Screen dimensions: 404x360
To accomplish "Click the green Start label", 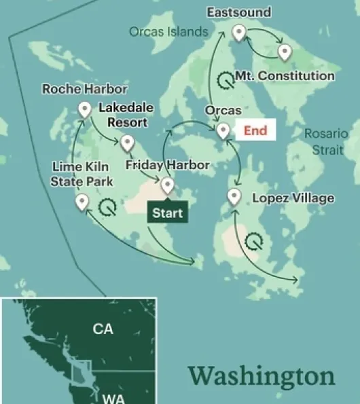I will (x=167, y=213).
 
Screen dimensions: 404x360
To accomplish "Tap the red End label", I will (x=255, y=130).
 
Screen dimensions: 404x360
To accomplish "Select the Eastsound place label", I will (x=238, y=12).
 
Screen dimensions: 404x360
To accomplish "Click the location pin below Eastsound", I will (x=238, y=32).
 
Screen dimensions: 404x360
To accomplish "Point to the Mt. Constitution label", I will (x=285, y=75).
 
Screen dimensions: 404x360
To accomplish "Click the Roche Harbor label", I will (x=84, y=89).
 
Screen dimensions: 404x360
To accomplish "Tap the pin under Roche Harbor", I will (x=85, y=109).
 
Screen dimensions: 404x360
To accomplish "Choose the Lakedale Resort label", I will (x=126, y=115).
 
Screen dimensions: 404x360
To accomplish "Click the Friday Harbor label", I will (x=168, y=165).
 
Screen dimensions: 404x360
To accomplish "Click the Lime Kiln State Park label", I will (x=82, y=174).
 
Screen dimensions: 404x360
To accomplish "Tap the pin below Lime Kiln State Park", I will (x=82, y=201).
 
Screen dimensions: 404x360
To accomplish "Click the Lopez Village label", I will (x=293, y=198).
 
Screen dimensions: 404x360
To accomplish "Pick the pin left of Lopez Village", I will (x=234, y=197).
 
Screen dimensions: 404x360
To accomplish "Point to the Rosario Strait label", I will (x=325, y=142).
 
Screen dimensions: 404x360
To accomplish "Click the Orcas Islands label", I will (x=168, y=31).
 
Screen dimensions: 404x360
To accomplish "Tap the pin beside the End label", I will (x=223, y=130).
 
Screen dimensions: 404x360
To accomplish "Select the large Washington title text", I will (x=262, y=375).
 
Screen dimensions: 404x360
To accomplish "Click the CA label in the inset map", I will (x=103, y=329).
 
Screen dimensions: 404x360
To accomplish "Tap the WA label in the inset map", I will (x=113, y=399).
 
